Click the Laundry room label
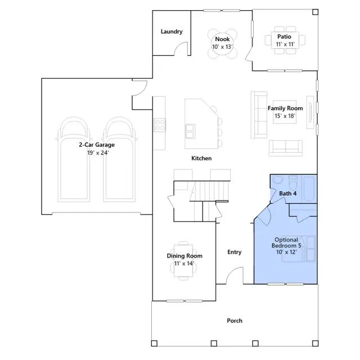click(x=172, y=31)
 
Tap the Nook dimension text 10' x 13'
click(x=222, y=47)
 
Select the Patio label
click(x=284, y=37)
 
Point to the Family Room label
click(x=285, y=109)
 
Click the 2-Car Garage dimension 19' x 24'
click(x=98, y=152)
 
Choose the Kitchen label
click(x=201, y=158)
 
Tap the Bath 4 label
click(x=287, y=193)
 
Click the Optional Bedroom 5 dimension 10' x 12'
click(x=286, y=252)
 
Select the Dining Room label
click(x=184, y=256)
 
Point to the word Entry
click(x=235, y=252)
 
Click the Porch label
click(x=235, y=321)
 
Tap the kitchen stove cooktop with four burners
click(x=159, y=125)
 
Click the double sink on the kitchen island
click(x=190, y=131)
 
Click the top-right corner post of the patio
click(x=316, y=12)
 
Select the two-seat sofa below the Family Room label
click(x=285, y=148)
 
